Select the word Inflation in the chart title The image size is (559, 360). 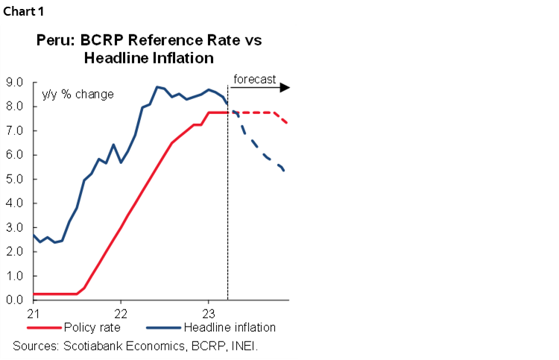pyautogui.click(x=177, y=57)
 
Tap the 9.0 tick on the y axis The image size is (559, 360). pyautogui.click(x=14, y=82)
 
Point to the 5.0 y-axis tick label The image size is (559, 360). pyautogui.click(x=14, y=179)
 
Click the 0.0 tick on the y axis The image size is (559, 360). pyautogui.click(x=14, y=300)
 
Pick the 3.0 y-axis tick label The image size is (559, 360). pyautogui.click(x=14, y=227)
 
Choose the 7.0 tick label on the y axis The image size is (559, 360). pyautogui.click(x=14, y=130)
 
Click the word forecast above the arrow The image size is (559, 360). pyautogui.click(x=254, y=79)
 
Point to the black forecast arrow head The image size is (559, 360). pyautogui.click(x=285, y=88)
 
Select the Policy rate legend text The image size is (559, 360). pyautogui.click(x=92, y=327)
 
